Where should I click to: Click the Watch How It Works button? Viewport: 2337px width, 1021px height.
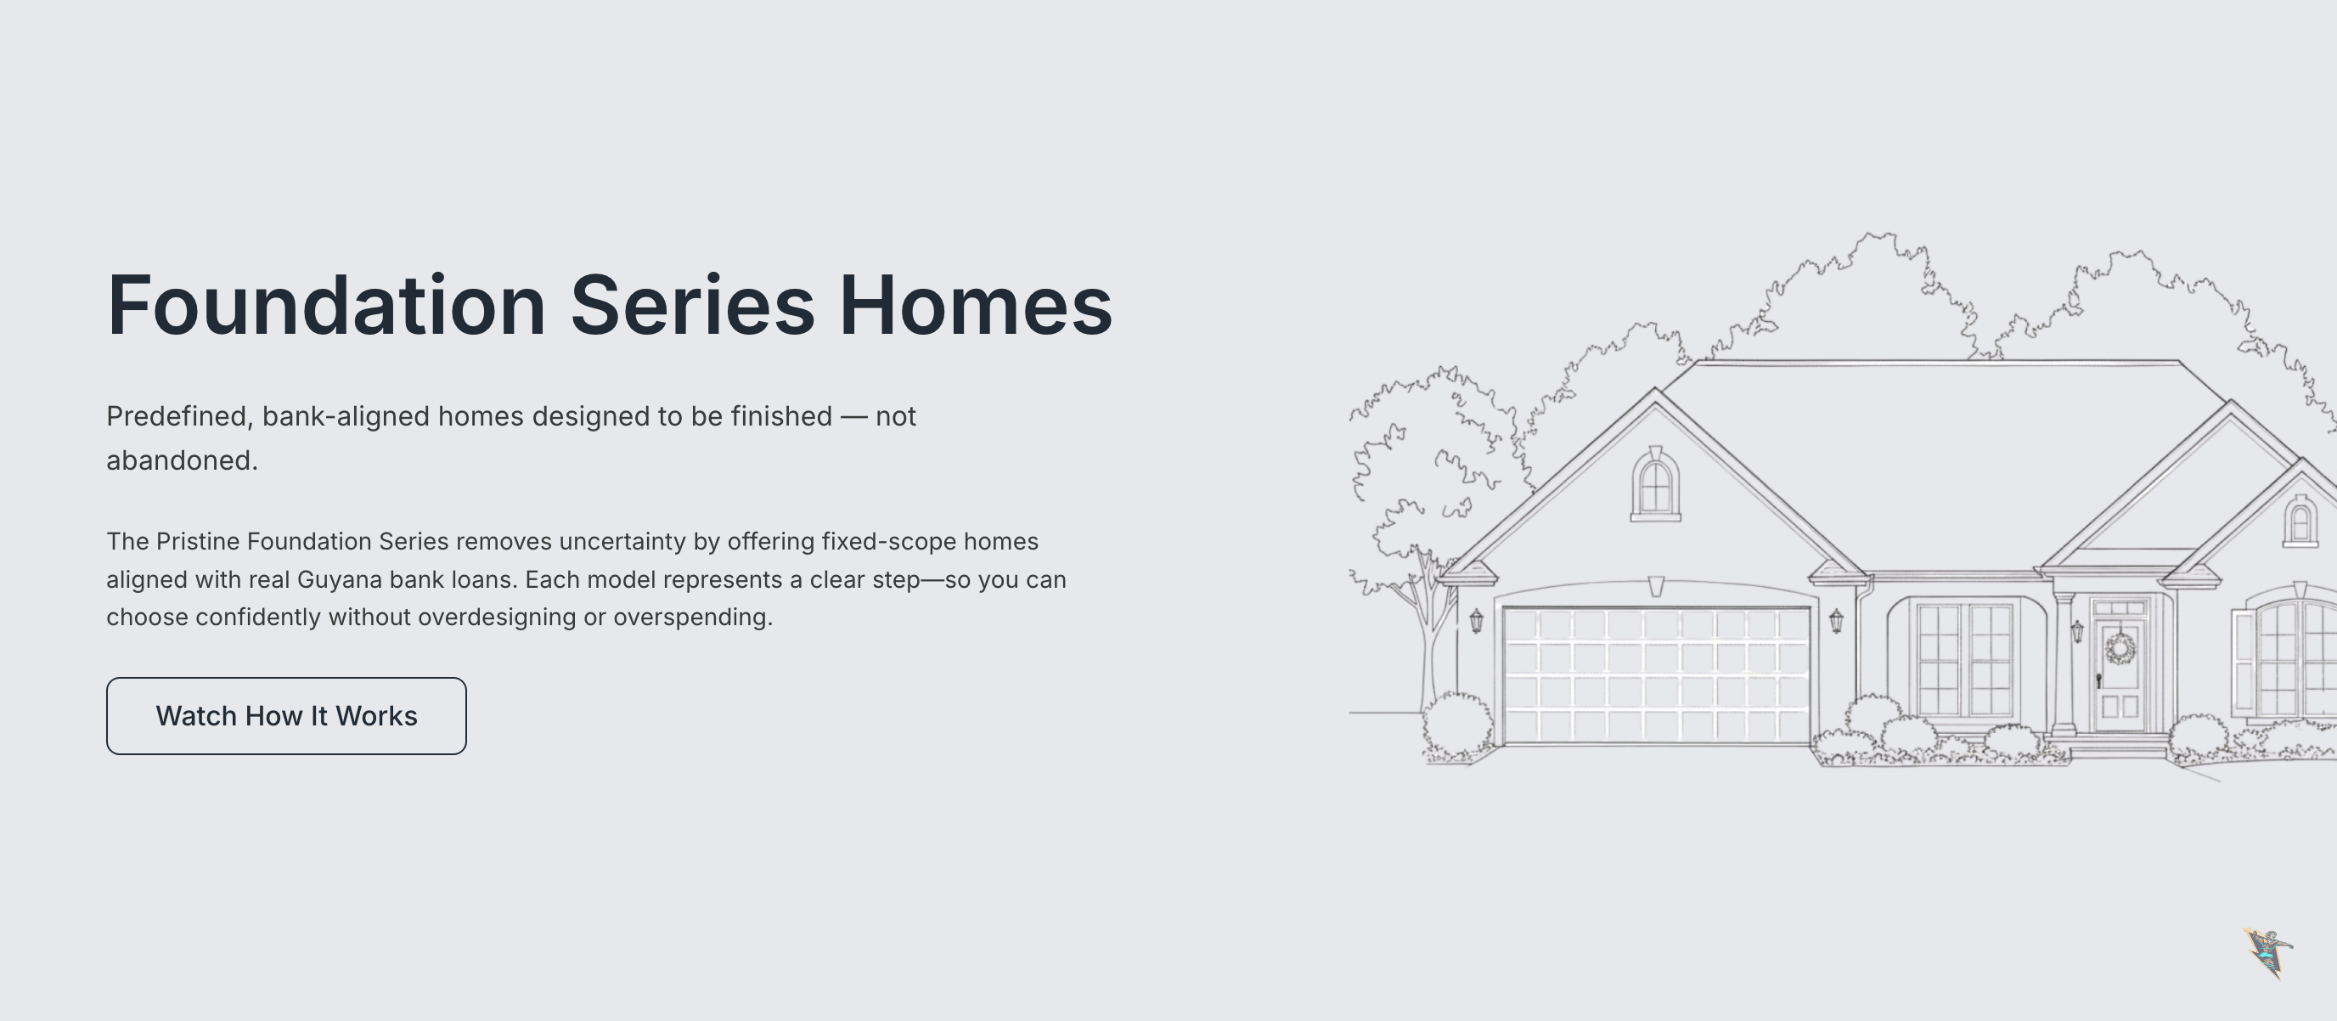[286, 716]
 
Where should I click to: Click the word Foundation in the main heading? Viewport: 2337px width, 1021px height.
[327, 305]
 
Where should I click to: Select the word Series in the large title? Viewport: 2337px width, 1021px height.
[692, 305]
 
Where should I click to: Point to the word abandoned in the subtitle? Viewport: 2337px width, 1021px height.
[182, 460]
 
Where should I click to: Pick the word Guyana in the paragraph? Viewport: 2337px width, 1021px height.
[340, 580]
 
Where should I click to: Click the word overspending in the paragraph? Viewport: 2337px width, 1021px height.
[692, 618]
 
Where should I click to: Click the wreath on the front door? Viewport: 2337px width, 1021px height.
[2120, 648]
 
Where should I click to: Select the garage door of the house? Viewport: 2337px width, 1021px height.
[1656, 676]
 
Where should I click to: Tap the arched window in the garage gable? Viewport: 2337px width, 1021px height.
[1656, 486]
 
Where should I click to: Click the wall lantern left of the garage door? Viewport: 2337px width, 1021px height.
[1476, 621]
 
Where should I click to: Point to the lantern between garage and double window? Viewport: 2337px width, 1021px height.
[1836, 621]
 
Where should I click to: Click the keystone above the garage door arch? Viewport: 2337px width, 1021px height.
[1656, 586]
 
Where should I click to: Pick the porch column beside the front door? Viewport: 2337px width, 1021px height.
[2064, 663]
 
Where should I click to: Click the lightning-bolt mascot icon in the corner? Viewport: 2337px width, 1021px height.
[2268, 953]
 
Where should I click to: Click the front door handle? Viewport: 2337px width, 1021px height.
[2098, 680]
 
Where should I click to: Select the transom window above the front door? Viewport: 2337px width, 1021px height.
[2120, 608]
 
